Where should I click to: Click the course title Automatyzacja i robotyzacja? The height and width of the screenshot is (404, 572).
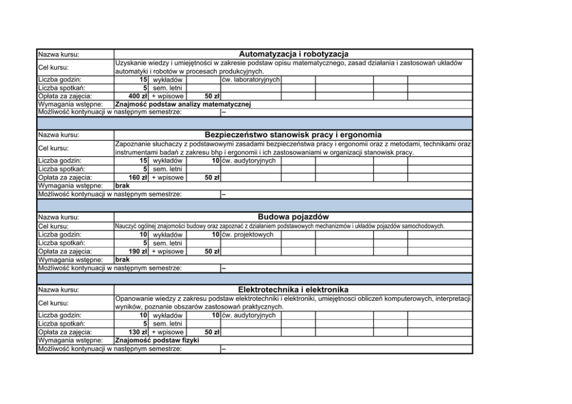(x=293, y=54)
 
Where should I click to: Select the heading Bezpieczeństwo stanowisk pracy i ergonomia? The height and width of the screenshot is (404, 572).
(x=293, y=135)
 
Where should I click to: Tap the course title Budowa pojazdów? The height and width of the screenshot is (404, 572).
(x=293, y=217)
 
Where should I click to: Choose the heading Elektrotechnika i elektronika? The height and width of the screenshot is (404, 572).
(x=293, y=289)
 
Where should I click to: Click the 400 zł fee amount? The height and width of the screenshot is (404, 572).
(x=138, y=96)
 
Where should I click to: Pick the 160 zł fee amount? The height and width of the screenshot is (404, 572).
(x=138, y=178)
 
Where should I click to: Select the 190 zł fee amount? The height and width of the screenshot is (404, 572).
(x=138, y=251)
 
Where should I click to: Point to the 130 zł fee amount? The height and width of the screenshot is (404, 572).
(x=138, y=332)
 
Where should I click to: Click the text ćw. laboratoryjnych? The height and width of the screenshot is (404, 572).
(x=251, y=79)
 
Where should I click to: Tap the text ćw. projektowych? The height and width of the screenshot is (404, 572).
(x=247, y=235)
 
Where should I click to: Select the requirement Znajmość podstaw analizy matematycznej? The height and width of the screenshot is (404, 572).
(x=183, y=104)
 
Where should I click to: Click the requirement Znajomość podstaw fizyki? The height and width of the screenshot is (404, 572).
(x=157, y=341)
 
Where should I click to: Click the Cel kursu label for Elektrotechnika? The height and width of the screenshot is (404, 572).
(x=54, y=303)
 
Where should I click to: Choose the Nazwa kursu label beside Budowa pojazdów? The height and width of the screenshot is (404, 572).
(x=58, y=218)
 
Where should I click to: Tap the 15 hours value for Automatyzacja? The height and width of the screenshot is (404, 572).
(x=144, y=79)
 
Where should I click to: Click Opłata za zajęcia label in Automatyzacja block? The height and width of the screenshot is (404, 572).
(x=65, y=96)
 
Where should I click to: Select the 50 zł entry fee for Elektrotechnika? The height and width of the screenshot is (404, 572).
(x=212, y=332)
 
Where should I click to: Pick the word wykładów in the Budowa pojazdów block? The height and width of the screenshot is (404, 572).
(x=168, y=235)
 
